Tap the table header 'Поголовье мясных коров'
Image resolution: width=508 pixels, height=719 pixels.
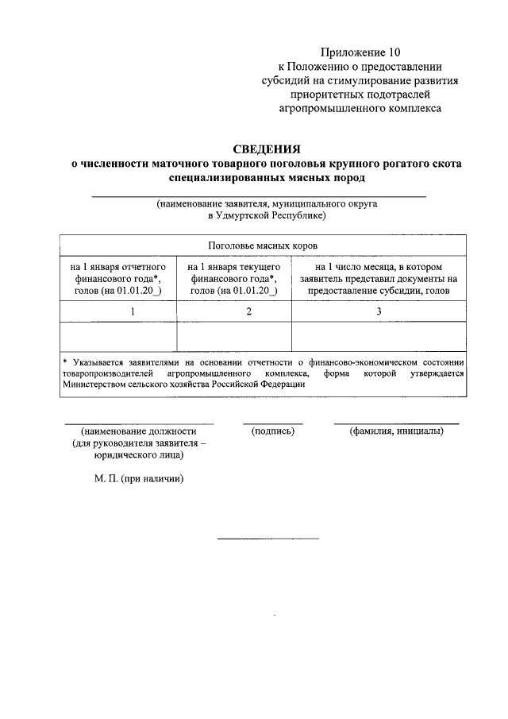[x=262, y=245]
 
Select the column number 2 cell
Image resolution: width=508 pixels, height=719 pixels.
[x=234, y=311]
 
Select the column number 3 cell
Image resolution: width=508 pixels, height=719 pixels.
[x=379, y=311]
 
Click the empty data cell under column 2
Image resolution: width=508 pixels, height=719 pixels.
[x=234, y=336]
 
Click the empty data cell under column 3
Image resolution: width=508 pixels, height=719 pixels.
[x=379, y=336]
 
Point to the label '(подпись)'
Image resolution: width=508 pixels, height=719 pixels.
[x=272, y=431]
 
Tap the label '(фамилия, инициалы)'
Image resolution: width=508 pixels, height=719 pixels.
[x=396, y=431]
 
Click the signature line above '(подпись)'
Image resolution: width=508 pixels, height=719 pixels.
[x=272, y=423]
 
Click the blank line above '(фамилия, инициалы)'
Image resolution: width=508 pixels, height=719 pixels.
[x=396, y=423]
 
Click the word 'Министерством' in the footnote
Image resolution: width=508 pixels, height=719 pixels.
[x=98, y=385]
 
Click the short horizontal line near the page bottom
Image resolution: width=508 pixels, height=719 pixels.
[x=267, y=539]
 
